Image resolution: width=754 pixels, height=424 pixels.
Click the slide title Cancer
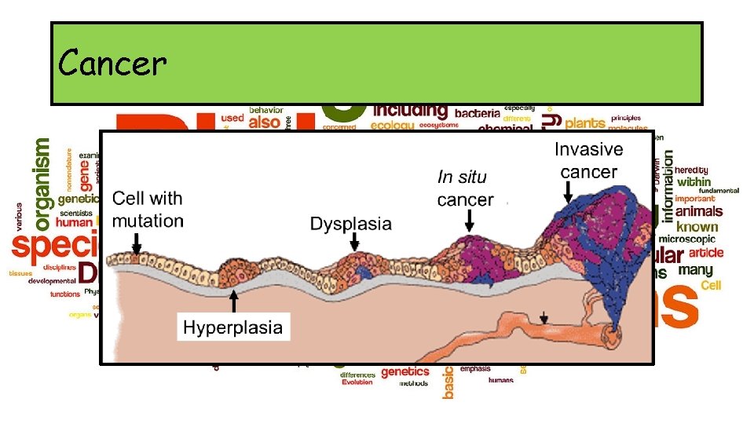[112, 63]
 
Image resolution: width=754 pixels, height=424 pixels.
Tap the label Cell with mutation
[148, 210]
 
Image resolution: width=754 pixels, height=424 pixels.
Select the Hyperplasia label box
[232, 327]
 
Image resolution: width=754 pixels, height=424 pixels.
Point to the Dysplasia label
[350, 224]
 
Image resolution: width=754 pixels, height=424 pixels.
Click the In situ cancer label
[465, 189]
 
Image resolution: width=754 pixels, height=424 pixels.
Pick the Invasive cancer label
[589, 160]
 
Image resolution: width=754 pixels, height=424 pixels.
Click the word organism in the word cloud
[42, 181]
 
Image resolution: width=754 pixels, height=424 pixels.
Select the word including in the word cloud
[410, 110]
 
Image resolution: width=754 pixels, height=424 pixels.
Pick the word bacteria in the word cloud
[477, 114]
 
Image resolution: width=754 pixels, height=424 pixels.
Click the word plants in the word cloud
[585, 123]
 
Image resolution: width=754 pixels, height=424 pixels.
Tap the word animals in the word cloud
[698, 211]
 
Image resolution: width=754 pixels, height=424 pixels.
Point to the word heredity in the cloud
[691, 170]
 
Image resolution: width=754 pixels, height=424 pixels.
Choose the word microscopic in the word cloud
[686, 239]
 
